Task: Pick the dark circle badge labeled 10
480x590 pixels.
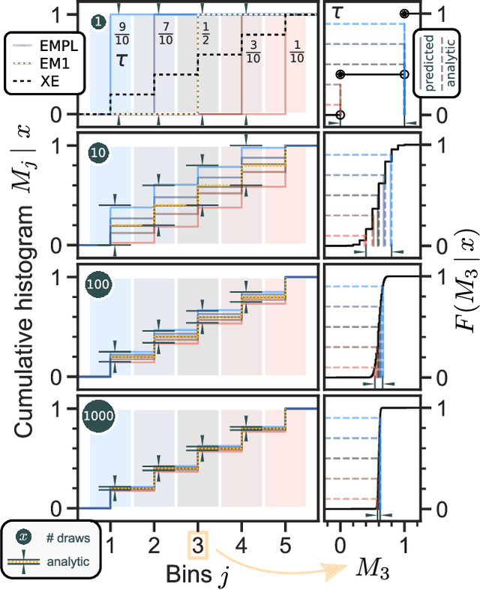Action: (x=97, y=152)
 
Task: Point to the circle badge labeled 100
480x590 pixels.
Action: (x=97, y=284)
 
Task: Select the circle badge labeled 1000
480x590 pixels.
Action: (x=97, y=416)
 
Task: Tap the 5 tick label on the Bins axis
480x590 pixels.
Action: (x=286, y=543)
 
